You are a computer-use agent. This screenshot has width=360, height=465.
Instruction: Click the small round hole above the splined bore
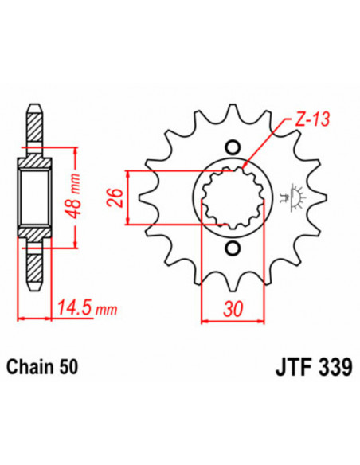coord(233,147)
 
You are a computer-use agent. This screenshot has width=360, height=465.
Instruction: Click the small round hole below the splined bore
coord(233,250)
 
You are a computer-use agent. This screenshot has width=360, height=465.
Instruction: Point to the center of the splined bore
coord(233,198)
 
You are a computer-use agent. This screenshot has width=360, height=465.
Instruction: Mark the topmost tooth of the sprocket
coord(233,114)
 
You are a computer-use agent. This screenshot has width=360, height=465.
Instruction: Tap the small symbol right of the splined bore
coord(294,197)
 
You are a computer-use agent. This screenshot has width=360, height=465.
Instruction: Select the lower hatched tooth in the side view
coord(34,267)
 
